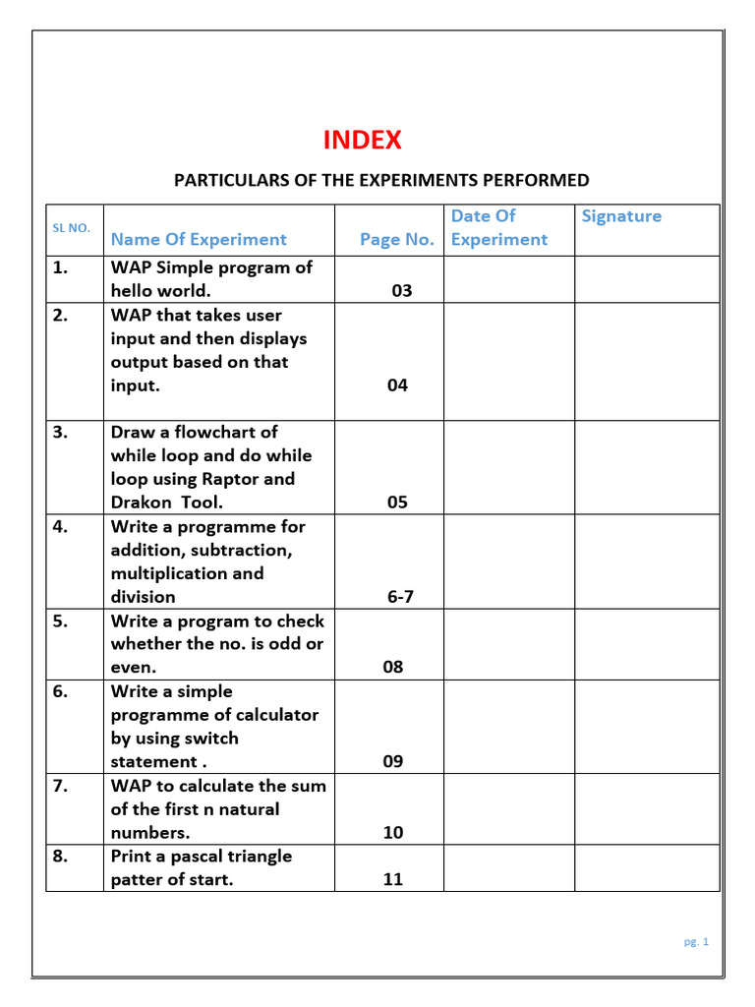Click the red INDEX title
click(x=363, y=141)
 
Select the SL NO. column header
click(x=71, y=228)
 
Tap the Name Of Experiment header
click(x=199, y=239)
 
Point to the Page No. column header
click(x=396, y=239)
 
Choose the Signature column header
click(x=621, y=216)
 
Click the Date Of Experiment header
click(x=498, y=227)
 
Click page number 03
click(x=401, y=291)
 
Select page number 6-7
click(x=401, y=597)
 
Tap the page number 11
click(x=393, y=880)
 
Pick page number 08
click(x=393, y=668)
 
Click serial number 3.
click(x=61, y=432)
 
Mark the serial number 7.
click(x=61, y=786)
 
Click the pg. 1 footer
click(x=696, y=941)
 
